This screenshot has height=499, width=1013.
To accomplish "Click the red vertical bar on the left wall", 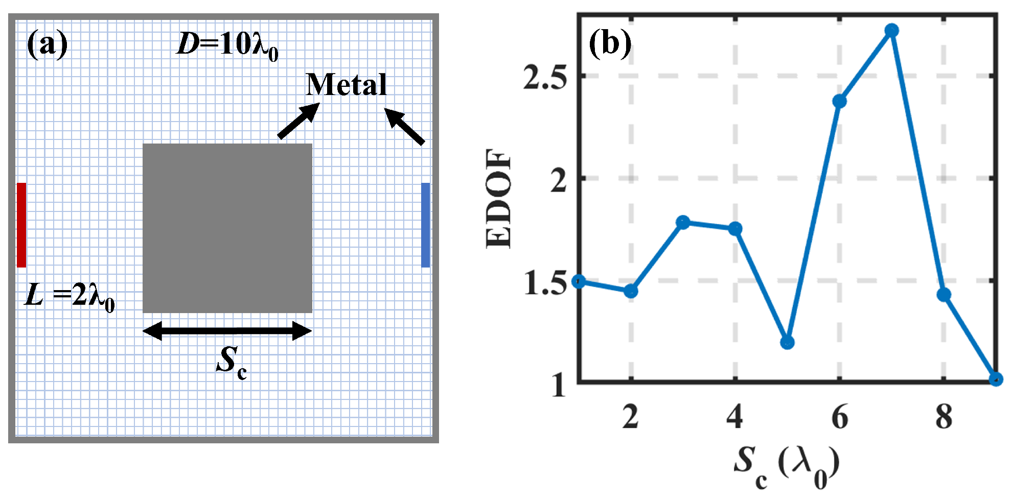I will click(21, 225).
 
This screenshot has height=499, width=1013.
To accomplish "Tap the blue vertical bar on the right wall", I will click(425, 225).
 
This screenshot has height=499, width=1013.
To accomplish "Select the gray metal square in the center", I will click(227, 228).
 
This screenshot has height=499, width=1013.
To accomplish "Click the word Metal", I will click(346, 85).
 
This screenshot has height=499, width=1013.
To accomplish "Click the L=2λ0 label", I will click(70, 296).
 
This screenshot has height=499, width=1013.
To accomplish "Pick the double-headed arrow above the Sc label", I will click(227, 331).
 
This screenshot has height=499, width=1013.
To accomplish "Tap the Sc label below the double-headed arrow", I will click(232, 361).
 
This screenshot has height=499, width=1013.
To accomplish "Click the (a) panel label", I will click(47, 44).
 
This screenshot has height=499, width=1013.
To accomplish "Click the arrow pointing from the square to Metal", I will click(298, 121).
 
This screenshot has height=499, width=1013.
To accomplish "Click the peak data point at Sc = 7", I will click(891, 31).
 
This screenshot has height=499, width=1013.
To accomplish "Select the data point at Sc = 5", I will click(787, 342).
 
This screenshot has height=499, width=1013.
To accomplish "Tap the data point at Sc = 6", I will click(839, 101).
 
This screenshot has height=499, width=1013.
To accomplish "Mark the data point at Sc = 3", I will click(683, 222).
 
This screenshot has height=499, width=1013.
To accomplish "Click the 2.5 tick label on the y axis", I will click(545, 78).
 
